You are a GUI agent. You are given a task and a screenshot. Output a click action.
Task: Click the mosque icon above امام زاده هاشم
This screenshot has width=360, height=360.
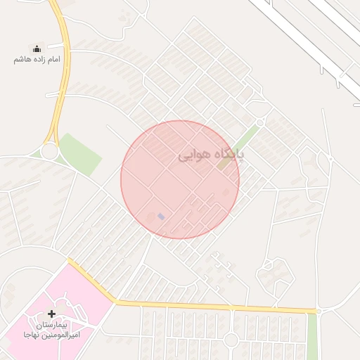pos(37,49)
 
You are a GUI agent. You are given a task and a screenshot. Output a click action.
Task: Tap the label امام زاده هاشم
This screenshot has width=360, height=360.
pos(37,59)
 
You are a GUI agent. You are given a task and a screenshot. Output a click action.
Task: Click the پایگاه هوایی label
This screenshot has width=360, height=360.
pos(210,154)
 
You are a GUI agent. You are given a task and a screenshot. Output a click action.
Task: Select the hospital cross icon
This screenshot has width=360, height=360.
pos(51,313)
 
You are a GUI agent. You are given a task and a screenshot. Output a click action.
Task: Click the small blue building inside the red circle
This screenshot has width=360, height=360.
pos(161,217)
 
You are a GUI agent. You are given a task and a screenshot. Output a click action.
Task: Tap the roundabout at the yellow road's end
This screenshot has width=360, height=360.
pos(50,150)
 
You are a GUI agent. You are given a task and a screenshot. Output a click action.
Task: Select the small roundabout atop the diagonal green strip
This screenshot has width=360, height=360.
pos(259,122)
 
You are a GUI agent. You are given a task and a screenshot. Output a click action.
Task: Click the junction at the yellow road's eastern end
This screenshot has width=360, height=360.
pos(318,310)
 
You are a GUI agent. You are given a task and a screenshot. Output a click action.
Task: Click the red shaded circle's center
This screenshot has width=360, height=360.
pos(180,180)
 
